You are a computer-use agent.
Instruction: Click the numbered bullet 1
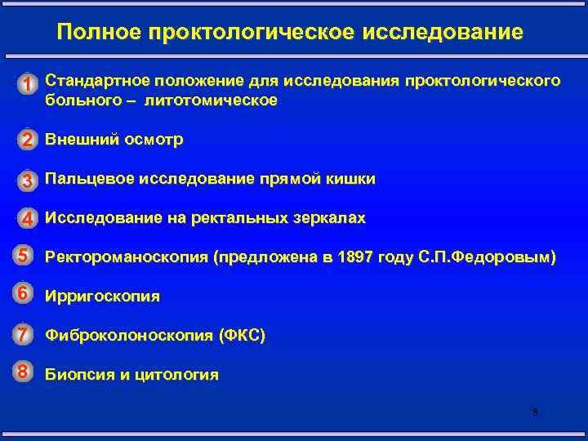(x=28, y=84)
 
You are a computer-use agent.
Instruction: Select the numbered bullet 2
(x=28, y=140)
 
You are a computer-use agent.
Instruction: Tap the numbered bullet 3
(x=28, y=180)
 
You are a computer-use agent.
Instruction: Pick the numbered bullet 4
(x=28, y=219)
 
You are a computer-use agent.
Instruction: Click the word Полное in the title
(x=99, y=33)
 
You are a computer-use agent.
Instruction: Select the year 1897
(x=362, y=258)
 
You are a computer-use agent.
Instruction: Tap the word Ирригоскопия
(x=102, y=296)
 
